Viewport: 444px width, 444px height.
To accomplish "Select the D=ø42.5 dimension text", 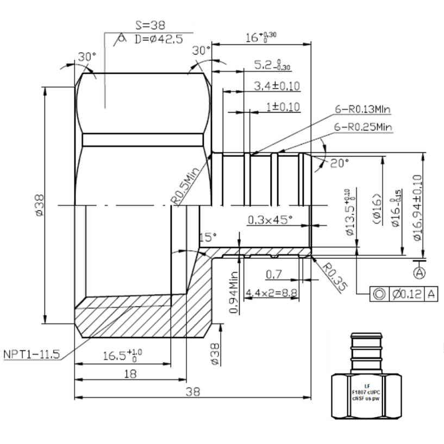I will [x=158, y=39].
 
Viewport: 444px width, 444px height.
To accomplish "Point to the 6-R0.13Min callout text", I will [x=363, y=110].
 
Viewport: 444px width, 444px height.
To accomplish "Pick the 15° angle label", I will [x=207, y=237].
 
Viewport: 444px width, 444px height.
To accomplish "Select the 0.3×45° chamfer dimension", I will [x=270, y=219].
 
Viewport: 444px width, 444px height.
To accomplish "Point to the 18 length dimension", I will [x=130, y=373].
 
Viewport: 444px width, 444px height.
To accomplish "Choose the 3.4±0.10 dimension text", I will [x=277, y=86].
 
